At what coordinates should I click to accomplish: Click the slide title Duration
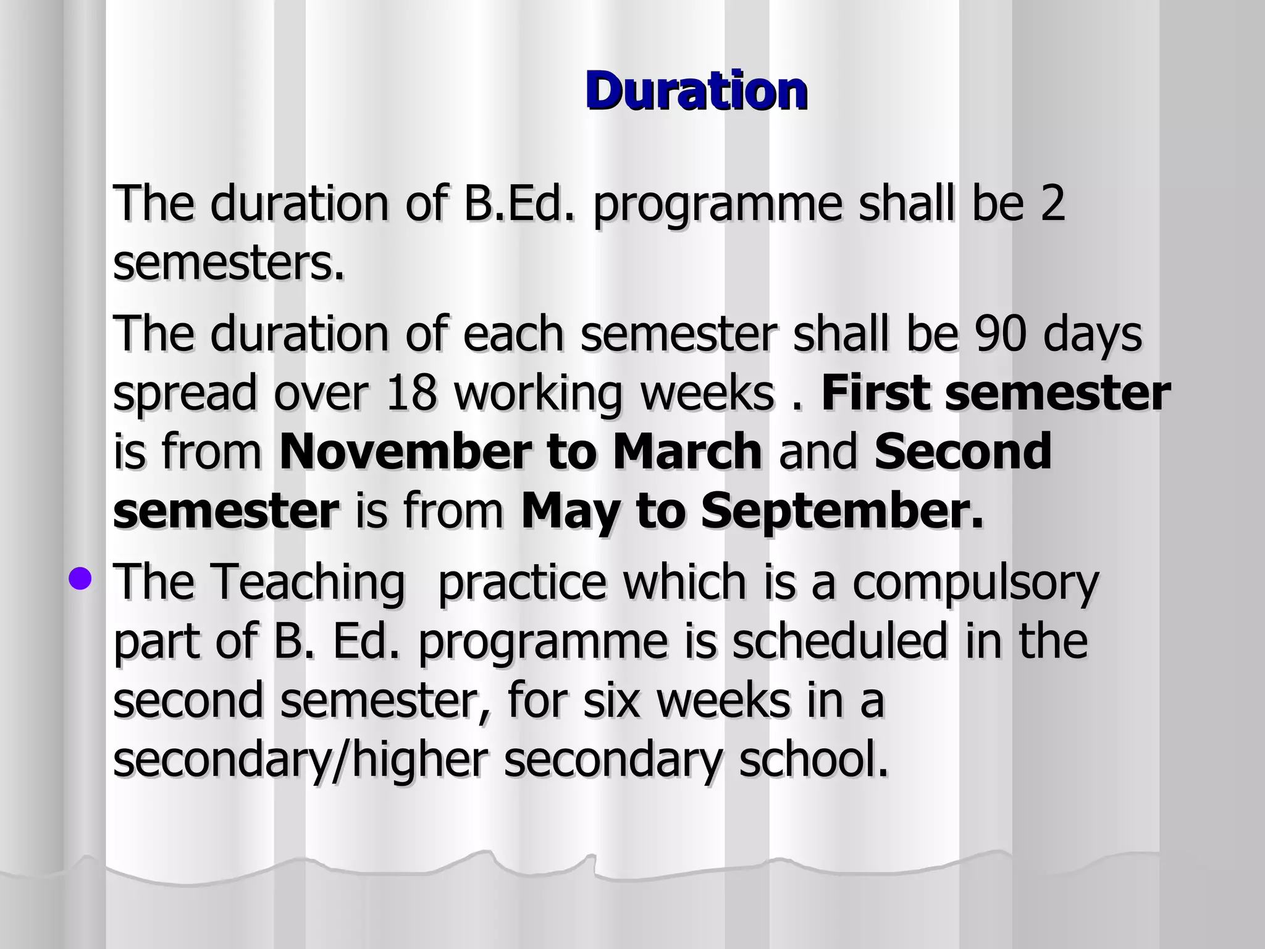(x=696, y=91)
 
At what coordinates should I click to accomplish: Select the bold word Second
(x=963, y=452)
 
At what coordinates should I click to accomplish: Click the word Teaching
(x=307, y=582)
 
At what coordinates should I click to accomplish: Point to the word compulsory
(x=976, y=582)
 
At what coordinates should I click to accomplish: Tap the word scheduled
(x=841, y=641)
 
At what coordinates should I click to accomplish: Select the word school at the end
(x=813, y=759)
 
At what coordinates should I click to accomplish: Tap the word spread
(x=185, y=394)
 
